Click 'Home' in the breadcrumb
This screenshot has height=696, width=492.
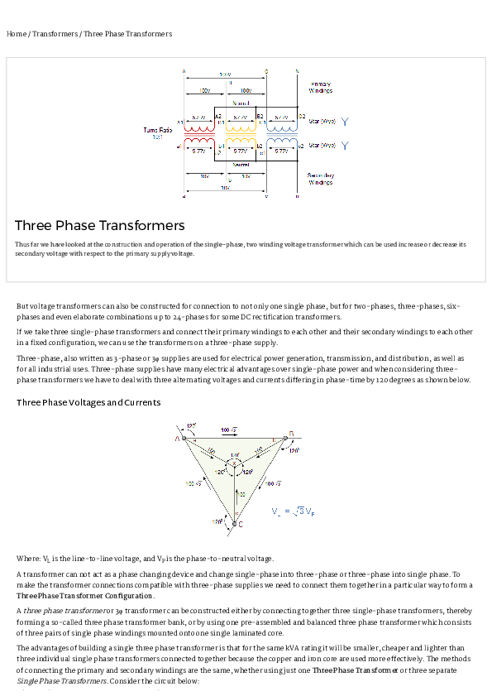16,34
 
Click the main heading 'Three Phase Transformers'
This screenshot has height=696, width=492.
99,225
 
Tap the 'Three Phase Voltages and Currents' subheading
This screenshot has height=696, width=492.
88,402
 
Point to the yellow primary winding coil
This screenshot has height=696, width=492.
240,128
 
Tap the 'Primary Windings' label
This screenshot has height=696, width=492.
321,87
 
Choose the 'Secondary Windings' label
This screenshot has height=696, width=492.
321,179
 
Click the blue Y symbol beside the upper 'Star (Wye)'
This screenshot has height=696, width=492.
345,122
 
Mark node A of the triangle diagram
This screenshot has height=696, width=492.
177,438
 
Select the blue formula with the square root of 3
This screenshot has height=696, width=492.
294,511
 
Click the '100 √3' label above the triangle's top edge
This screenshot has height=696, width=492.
229,430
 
